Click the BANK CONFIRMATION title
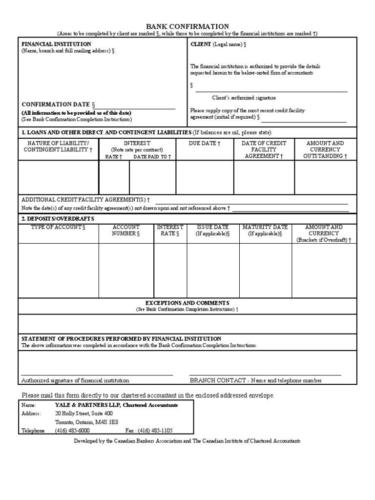[188, 26]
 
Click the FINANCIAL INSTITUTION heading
[56, 44]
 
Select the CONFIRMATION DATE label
[56, 104]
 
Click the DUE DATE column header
[205, 143]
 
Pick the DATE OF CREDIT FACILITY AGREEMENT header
[264, 149]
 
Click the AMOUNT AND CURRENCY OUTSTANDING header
[325, 149]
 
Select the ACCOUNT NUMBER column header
[126, 230]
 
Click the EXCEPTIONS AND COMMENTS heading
[187, 303]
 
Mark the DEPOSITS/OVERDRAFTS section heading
[58, 218]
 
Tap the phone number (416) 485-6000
[72, 431]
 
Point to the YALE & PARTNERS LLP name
[88, 405]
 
